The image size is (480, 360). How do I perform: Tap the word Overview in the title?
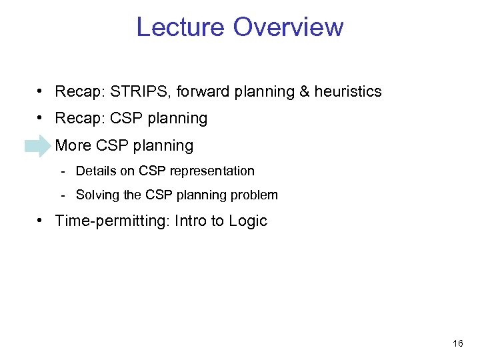point(289,27)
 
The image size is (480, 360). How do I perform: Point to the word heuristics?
point(347,91)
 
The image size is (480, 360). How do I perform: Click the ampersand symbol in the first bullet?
point(303,91)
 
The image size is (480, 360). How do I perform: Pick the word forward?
point(200,91)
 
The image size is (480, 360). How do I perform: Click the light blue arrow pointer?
point(37,145)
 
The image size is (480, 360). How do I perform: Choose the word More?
point(73,145)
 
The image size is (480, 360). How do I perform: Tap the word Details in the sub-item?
point(95,171)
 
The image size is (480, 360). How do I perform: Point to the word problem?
point(256,195)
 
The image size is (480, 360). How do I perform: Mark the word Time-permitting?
point(112,221)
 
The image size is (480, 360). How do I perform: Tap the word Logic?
point(248,221)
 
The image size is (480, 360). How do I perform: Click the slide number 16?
point(457,343)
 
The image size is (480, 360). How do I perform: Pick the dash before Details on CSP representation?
point(62,171)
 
